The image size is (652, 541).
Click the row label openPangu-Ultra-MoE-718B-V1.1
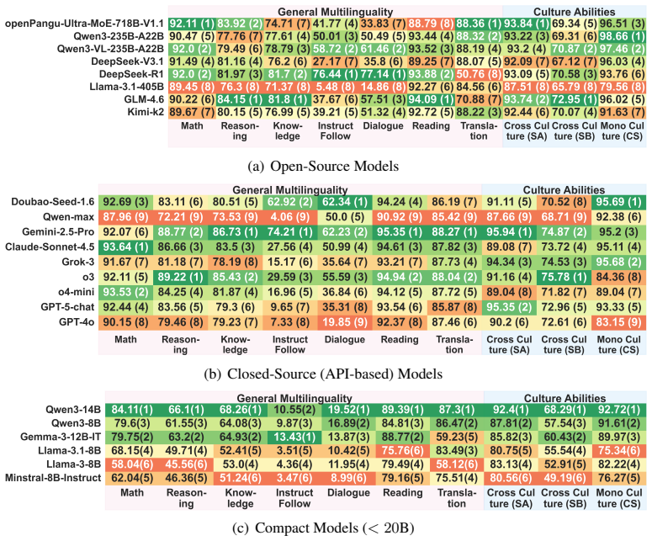pyautogui.click(x=84, y=24)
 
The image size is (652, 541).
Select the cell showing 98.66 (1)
pyautogui.click(x=623, y=36)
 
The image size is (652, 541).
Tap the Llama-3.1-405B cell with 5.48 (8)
pyautogui.click(x=335, y=87)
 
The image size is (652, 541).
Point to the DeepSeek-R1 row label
pyautogui.click(x=131, y=74)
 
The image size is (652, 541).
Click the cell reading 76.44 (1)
pyautogui.click(x=335, y=74)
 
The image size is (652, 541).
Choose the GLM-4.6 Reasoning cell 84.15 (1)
pyautogui.click(x=240, y=99)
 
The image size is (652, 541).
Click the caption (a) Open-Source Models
pyautogui.click(x=323, y=166)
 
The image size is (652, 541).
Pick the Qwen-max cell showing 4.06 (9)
pyautogui.click(x=289, y=217)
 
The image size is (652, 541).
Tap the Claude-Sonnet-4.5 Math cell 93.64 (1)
pyautogui.click(x=125, y=247)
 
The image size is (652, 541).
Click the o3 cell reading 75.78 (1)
pyautogui.click(x=564, y=277)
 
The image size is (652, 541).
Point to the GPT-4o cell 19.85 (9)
pyautogui.click(x=345, y=322)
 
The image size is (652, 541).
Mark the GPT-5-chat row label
pyautogui.click(x=67, y=307)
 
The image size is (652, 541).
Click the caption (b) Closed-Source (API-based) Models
pyautogui.click(x=323, y=374)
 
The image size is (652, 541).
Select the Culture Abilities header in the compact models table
pyautogui.click(x=565, y=398)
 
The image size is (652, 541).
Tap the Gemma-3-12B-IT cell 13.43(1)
pyautogui.click(x=294, y=437)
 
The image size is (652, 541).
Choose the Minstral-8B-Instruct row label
pyautogui.click(x=53, y=478)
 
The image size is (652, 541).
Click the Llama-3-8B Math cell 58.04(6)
pyautogui.click(x=132, y=464)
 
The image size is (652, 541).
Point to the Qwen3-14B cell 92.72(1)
pyautogui.click(x=619, y=410)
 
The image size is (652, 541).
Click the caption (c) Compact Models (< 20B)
pyautogui.click(x=323, y=528)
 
